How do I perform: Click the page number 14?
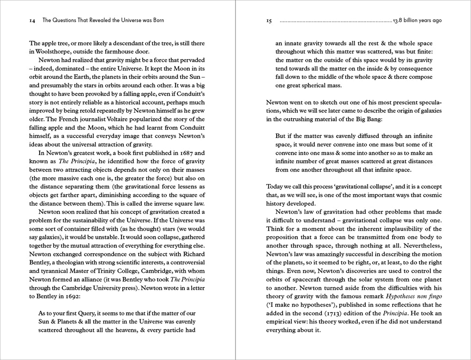[32, 21]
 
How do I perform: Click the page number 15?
[269, 21]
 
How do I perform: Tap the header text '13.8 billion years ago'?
[417, 21]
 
